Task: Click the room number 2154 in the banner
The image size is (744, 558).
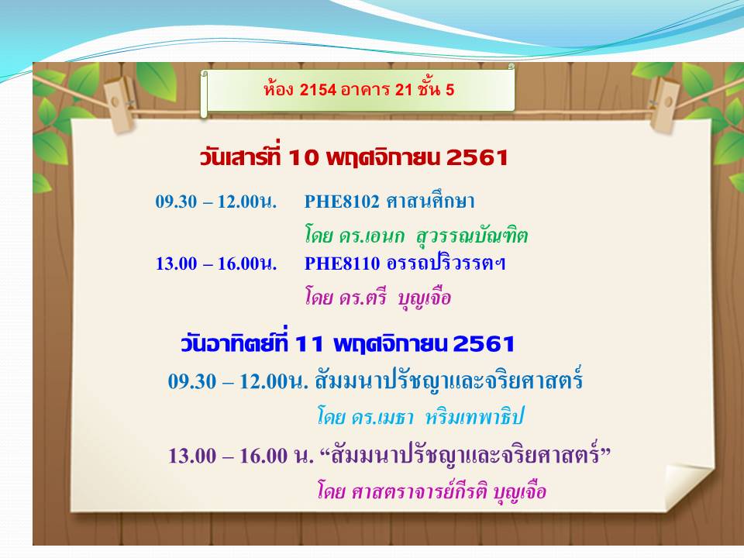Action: point(318,89)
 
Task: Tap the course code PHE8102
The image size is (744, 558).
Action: point(342,201)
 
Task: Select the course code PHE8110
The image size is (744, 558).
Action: point(342,263)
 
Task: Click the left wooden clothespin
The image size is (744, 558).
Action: point(120,103)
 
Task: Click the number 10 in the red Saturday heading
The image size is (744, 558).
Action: point(303,157)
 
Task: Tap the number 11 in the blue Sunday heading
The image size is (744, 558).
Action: point(309,344)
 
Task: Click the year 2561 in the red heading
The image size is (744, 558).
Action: point(477,157)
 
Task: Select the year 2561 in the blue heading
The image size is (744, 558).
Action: point(484,344)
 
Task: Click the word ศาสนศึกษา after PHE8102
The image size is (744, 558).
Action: point(430,201)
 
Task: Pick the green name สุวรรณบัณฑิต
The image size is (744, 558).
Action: point(472,236)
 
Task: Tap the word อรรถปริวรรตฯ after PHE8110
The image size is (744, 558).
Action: point(446,263)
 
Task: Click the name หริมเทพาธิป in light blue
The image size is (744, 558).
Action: point(474,417)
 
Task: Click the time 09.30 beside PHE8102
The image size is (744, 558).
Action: point(176,201)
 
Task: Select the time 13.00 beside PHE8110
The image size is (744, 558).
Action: point(176,263)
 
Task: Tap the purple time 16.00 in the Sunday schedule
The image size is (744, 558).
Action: point(263,456)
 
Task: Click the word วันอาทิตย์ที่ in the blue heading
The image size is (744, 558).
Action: point(234,341)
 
